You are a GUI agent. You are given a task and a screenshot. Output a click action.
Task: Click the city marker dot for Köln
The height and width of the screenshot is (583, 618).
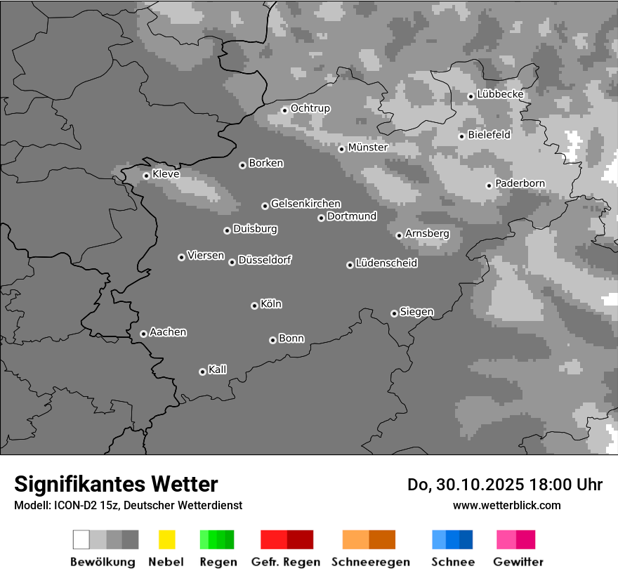(x=254, y=306)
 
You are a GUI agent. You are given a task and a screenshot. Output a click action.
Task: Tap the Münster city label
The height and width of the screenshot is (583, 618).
(x=367, y=148)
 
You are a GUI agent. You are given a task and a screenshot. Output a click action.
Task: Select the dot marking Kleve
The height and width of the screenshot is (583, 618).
(x=146, y=176)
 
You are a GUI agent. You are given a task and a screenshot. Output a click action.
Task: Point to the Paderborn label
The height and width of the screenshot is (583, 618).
(x=520, y=183)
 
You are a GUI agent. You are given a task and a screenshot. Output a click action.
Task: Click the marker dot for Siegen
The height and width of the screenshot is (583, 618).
(x=394, y=313)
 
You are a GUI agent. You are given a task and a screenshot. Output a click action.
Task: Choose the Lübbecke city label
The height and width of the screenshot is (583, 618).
(x=500, y=94)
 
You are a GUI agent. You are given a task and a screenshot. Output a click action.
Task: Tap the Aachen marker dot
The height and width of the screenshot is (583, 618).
(x=143, y=334)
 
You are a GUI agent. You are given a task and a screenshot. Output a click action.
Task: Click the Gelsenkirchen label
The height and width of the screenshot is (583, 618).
(x=305, y=204)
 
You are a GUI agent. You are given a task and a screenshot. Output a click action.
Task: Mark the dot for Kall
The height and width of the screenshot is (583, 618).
(x=202, y=372)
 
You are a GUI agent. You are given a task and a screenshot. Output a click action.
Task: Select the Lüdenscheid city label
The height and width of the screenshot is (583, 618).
(x=386, y=263)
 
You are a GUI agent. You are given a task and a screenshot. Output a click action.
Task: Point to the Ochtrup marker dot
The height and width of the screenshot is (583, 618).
(x=284, y=110)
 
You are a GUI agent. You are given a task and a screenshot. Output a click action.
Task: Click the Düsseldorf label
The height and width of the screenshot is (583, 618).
(x=265, y=260)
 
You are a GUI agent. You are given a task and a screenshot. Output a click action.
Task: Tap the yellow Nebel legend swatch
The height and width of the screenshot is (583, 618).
(x=166, y=539)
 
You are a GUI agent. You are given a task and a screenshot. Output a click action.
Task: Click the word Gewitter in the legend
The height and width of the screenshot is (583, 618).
(x=518, y=562)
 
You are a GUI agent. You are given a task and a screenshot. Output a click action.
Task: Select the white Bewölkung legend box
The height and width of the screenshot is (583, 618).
(x=81, y=539)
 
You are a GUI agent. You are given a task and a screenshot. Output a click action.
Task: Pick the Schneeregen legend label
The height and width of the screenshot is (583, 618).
(x=371, y=562)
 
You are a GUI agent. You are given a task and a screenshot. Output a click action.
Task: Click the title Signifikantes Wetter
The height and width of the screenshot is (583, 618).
(x=116, y=484)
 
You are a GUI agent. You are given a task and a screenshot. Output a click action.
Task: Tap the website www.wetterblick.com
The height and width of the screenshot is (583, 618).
(x=506, y=505)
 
